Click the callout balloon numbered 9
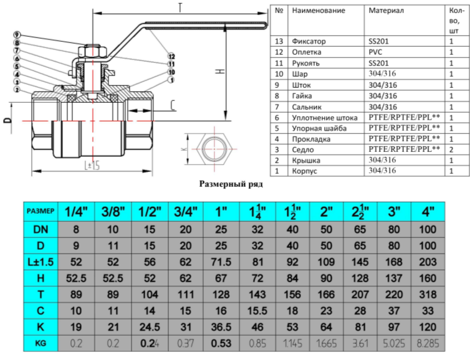click(16, 34)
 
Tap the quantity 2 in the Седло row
click(450, 149)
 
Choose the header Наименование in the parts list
click(319, 11)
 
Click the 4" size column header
click(428, 211)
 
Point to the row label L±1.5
click(41, 262)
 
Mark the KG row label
click(41, 344)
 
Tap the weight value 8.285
click(428, 344)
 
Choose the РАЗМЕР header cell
click(41, 211)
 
